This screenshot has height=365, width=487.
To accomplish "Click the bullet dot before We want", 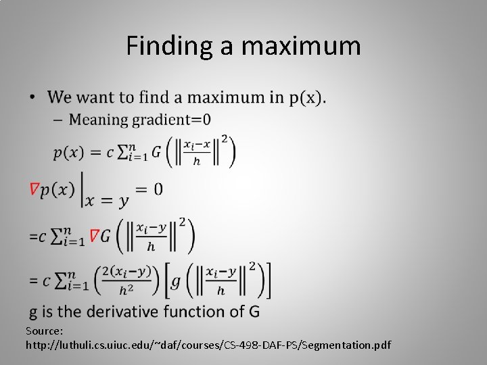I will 32,98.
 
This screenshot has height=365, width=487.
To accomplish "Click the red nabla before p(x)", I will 34,190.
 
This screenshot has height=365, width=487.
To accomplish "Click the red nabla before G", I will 95,236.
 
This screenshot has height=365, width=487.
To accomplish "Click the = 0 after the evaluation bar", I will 149,189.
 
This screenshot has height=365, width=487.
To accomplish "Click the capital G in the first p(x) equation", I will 156,151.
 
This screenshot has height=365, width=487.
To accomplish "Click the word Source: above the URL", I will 45,331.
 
